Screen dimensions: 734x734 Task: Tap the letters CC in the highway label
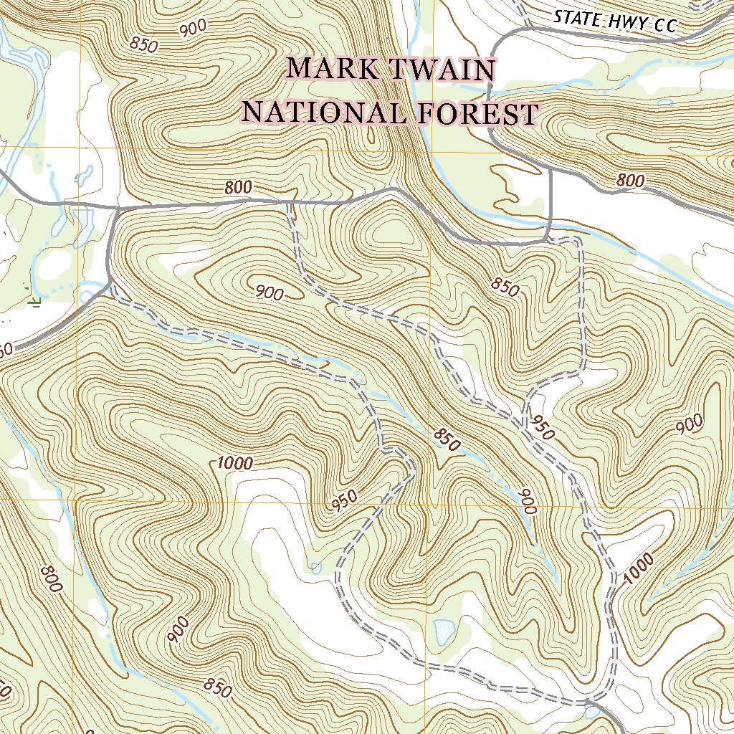pyautogui.click(x=664, y=27)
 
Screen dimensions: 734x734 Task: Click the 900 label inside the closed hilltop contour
pyautogui.click(x=269, y=292)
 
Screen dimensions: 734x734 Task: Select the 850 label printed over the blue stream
pyautogui.click(x=447, y=440)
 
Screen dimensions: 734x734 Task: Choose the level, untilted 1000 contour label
pyautogui.click(x=234, y=463)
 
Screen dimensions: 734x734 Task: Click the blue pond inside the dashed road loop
pyautogui.click(x=444, y=631)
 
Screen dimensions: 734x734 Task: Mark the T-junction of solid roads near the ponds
pyautogui.click(x=115, y=208)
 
